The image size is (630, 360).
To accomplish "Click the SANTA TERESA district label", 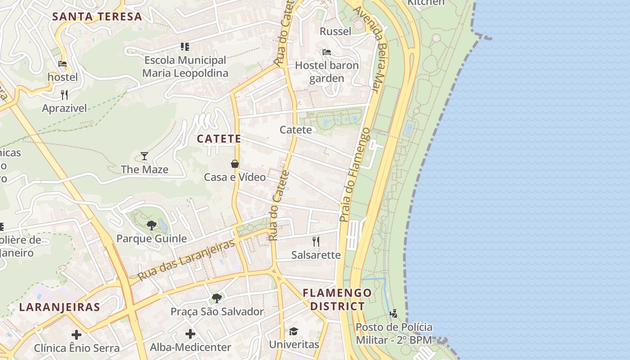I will [x=97, y=17].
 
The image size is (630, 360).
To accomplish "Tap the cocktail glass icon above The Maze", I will [x=144, y=156].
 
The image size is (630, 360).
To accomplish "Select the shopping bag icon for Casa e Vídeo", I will [x=234, y=164].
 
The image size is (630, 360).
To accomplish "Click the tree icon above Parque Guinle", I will [x=152, y=225].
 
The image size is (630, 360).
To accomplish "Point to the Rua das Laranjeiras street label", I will [x=186, y=260].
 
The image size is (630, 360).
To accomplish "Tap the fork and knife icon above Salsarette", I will [x=316, y=242].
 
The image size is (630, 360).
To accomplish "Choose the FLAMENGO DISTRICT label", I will [x=337, y=300].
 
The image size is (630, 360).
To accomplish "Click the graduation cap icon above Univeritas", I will [x=293, y=331].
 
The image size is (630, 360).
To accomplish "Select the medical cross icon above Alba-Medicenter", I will [x=190, y=334].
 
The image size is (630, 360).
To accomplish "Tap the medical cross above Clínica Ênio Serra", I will [x=76, y=334].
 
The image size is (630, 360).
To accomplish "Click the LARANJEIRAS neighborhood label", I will [x=59, y=307].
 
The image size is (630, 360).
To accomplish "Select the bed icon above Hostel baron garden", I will [x=327, y=52].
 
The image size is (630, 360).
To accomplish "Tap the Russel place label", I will [x=335, y=31].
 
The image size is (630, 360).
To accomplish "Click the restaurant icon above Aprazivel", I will [x=64, y=94].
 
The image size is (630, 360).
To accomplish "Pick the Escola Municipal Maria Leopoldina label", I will [x=185, y=67].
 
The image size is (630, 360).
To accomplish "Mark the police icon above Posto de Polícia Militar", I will [x=394, y=313].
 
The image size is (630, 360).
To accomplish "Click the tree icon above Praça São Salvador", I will [x=217, y=298].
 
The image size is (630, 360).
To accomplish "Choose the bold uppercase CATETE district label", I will [x=219, y=139].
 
